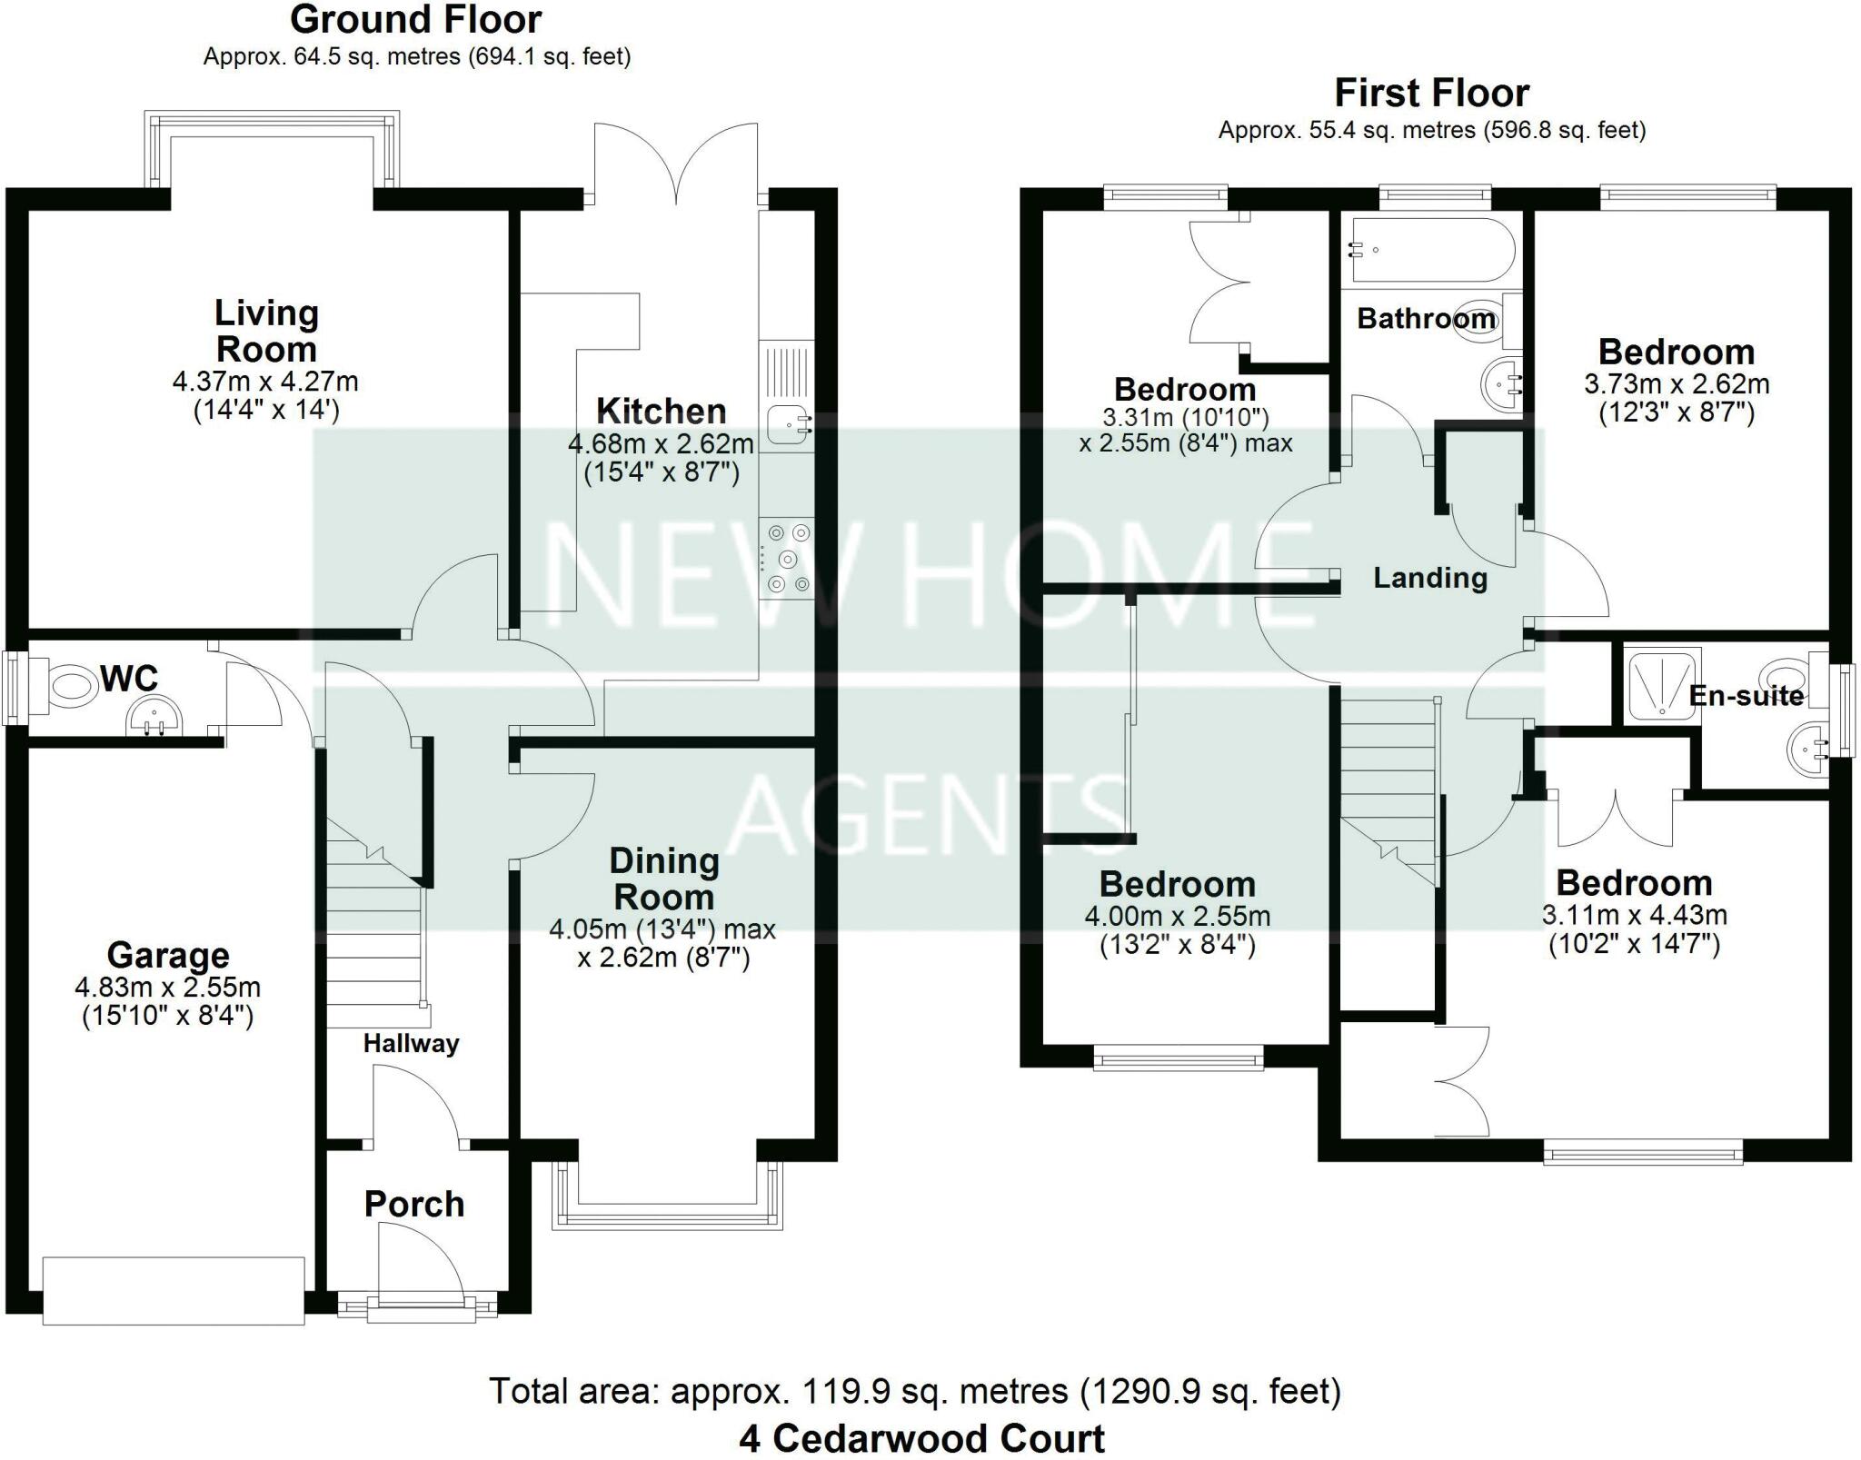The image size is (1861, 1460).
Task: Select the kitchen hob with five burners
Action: coord(787,558)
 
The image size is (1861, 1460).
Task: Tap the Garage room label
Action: coord(168,956)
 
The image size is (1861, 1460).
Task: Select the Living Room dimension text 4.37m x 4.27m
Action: coord(265,381)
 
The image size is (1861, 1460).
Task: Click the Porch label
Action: coord(414,1205)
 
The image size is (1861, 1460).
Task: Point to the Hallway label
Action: coord(411,1043)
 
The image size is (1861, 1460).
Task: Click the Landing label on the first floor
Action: coord(1429,578)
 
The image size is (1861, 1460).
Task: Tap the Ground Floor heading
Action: coord(416,20)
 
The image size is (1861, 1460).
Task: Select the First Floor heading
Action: coord(1431,94)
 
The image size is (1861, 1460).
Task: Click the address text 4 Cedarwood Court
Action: coord(921,1439)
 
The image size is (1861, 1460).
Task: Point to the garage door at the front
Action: coord(173,1290)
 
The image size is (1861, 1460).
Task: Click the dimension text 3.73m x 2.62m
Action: coord(1676,384)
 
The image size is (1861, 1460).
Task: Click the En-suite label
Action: coord(1746,696)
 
